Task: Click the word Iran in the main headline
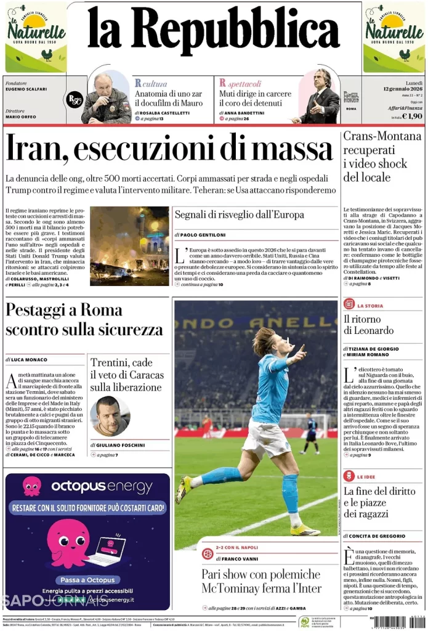tap(35, 149)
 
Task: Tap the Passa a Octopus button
tap(87, 580)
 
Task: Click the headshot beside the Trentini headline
tap(110, 416)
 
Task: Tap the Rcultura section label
tap(150, 83)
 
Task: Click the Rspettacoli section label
tap(240, 83)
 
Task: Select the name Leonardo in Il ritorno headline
tap(368, 331)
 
